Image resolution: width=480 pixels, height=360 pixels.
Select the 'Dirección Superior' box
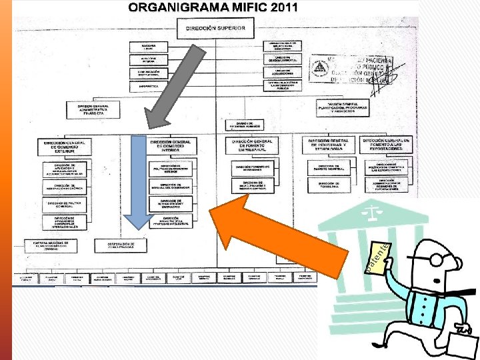tap(215, 29)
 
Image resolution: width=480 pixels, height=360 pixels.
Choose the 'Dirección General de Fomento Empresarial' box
tap(253, 145)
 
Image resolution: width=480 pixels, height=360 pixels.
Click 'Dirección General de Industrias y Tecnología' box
tap(329, 145)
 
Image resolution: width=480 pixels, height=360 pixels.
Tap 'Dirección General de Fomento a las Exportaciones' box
tap(387, 144)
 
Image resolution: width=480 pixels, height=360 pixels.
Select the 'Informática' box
tap(149, 86)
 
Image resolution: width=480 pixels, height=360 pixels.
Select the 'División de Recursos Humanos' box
tap(245, 125)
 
